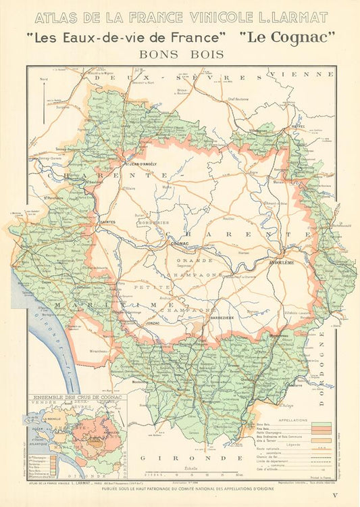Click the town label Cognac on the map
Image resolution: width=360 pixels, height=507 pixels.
(x=180, y=242)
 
